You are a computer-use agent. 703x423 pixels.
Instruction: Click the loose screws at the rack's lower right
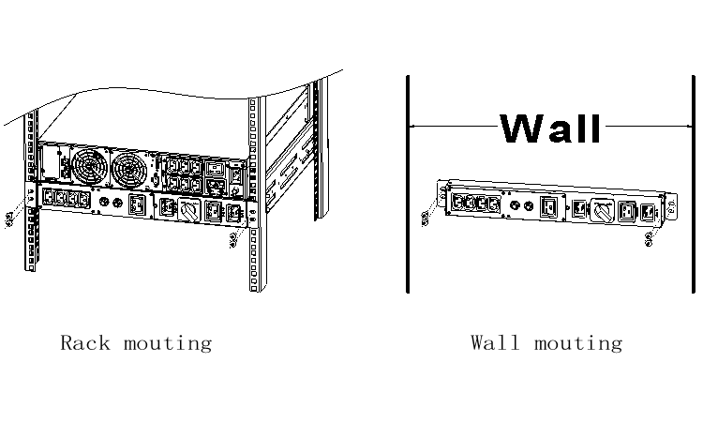click(233, 240)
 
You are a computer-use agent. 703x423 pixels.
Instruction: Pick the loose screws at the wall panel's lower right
click(650, 240)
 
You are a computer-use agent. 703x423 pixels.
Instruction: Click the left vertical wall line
click(408, 183)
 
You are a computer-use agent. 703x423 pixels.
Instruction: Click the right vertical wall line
click(695, 183)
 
